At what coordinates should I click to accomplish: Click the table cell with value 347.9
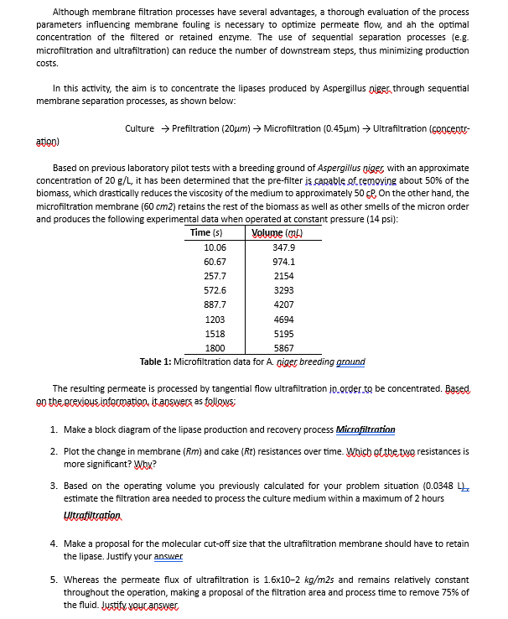284,247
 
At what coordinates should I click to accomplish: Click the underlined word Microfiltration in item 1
365,429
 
